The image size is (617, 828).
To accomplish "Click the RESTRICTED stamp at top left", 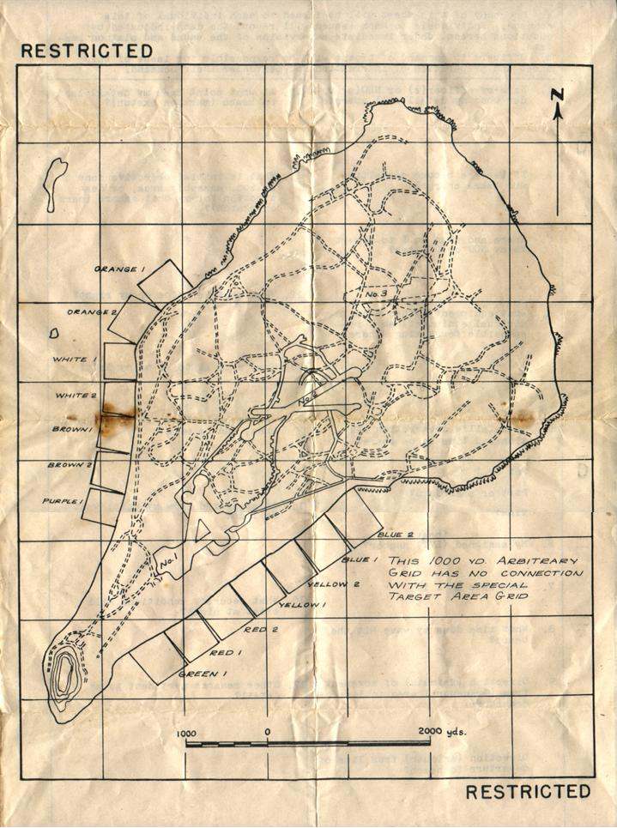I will tap(86, 51).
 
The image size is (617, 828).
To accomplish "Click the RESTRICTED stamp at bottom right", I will tap(529, 790).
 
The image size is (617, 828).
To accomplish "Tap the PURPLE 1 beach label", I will tap(66, 500).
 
